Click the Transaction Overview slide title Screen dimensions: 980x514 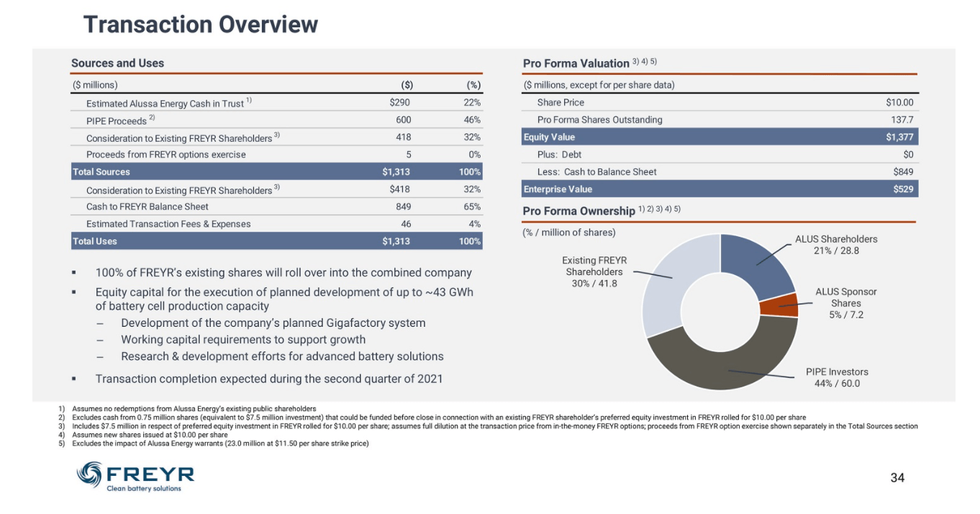(x=200, y=24)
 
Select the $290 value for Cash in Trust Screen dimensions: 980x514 (x=399, y=102)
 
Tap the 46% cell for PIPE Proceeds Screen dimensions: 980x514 (x=472, y=120)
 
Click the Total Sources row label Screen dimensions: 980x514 (x=101, y=171)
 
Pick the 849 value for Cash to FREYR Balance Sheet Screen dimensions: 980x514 (x=403, y=206)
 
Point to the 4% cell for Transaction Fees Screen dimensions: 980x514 (x=474, y=224)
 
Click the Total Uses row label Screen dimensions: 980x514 (x=94, y=241)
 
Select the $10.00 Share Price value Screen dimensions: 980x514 (x=899, y=102)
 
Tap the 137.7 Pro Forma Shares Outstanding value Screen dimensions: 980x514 (x=902, y=120)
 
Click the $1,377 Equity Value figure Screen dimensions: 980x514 (x=899, y=137)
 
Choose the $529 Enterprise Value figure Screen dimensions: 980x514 (x=903, y=189)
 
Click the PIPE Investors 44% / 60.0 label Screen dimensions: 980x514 (x=837, y=377)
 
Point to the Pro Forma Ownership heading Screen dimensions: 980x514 (x=579, y=211)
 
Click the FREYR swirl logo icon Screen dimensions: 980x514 (x=89, y=474)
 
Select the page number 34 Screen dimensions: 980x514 (x=897, y=477)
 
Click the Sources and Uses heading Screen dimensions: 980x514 (x=118, y=63)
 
